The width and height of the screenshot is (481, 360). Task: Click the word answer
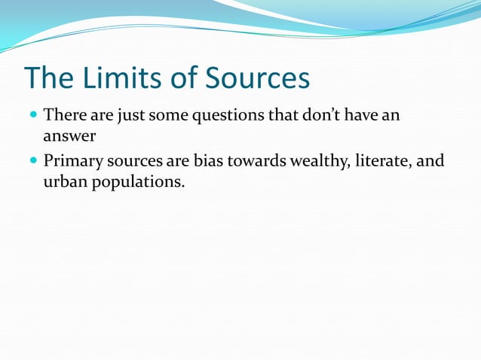(x=69, y=138)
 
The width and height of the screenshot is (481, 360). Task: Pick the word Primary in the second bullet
(x=72, y=161)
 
